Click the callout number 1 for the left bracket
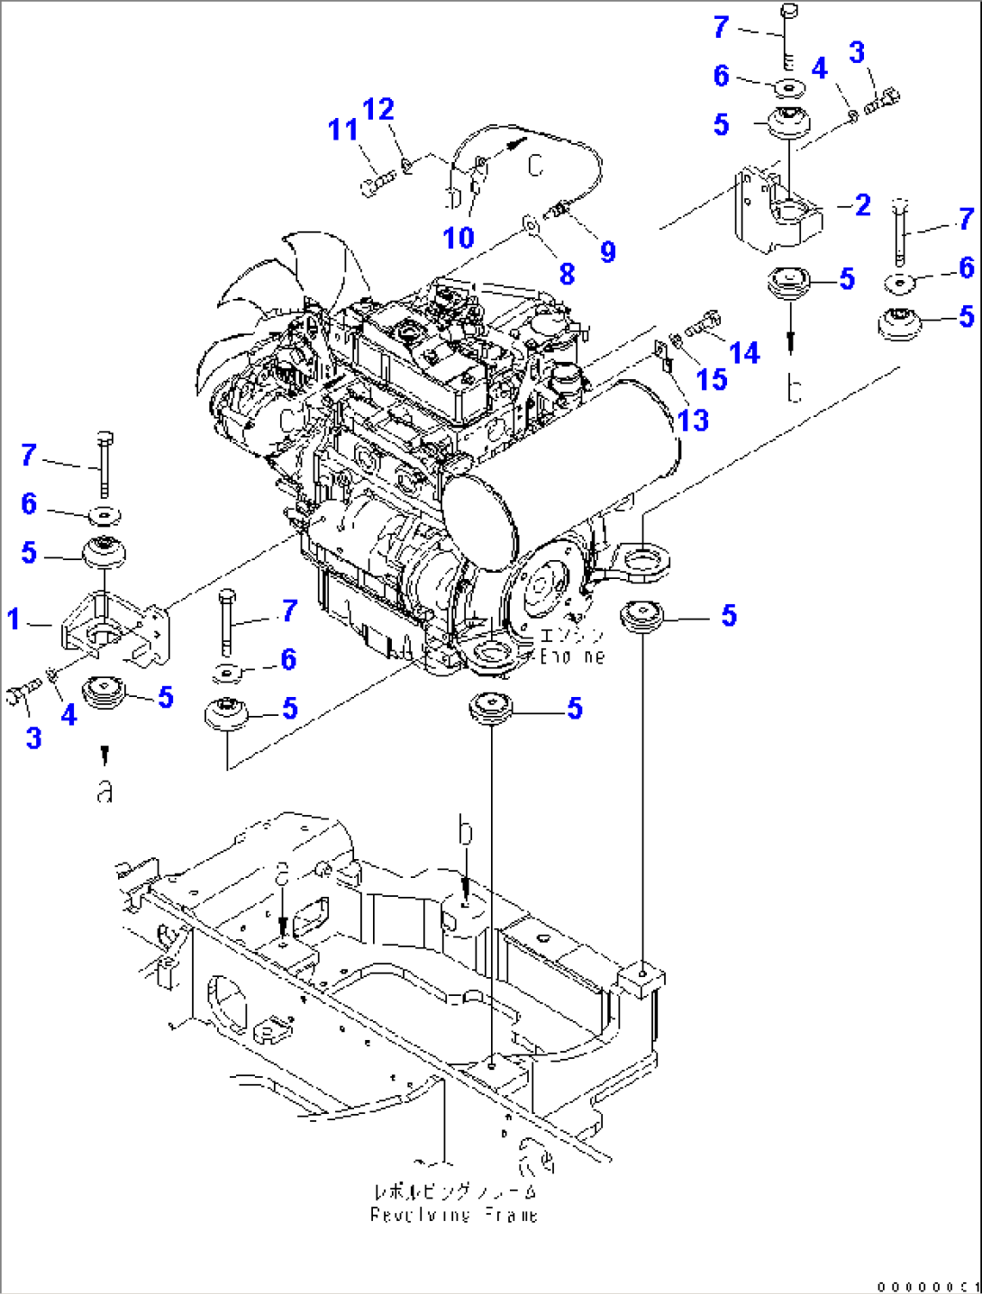tap(14, 620)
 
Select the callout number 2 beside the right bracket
tap(862, 205)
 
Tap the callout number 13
tap(693, 420)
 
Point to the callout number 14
tap(744, 353)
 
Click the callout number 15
tap(711, 380)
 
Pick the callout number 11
tap(342, 131)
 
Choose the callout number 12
tap(378, 110)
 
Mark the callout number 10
tap(458, 239)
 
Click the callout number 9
tap(608, 252)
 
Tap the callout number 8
tap(567, 274)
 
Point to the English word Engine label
tap(571, 656)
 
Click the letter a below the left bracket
tap(105, 792)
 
